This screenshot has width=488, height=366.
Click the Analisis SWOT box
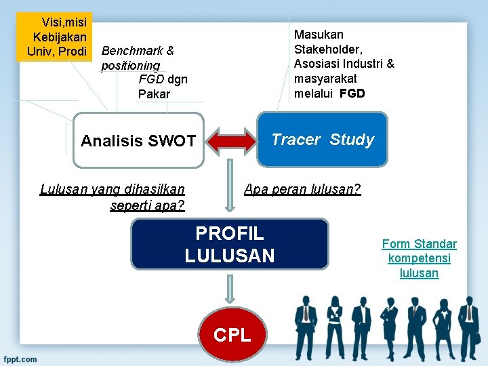point(138,140)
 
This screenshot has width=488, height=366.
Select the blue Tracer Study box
point(322,140)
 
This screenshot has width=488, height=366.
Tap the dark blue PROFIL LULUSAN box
point(230,244)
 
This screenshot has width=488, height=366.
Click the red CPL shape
point(232,334)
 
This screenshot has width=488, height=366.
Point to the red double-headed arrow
point(230,141)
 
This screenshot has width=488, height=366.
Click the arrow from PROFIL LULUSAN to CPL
point(230,287)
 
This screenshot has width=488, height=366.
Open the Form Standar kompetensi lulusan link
point(419,258)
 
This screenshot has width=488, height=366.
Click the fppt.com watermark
point(20,359)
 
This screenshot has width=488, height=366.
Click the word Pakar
point(154,94)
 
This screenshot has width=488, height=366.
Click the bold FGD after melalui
point(352,94)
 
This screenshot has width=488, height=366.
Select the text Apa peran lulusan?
point(302,190)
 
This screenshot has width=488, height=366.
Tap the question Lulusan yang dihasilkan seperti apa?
point(113,197)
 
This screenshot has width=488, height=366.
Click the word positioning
point(130,66)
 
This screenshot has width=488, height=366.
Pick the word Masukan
point(319,34)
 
